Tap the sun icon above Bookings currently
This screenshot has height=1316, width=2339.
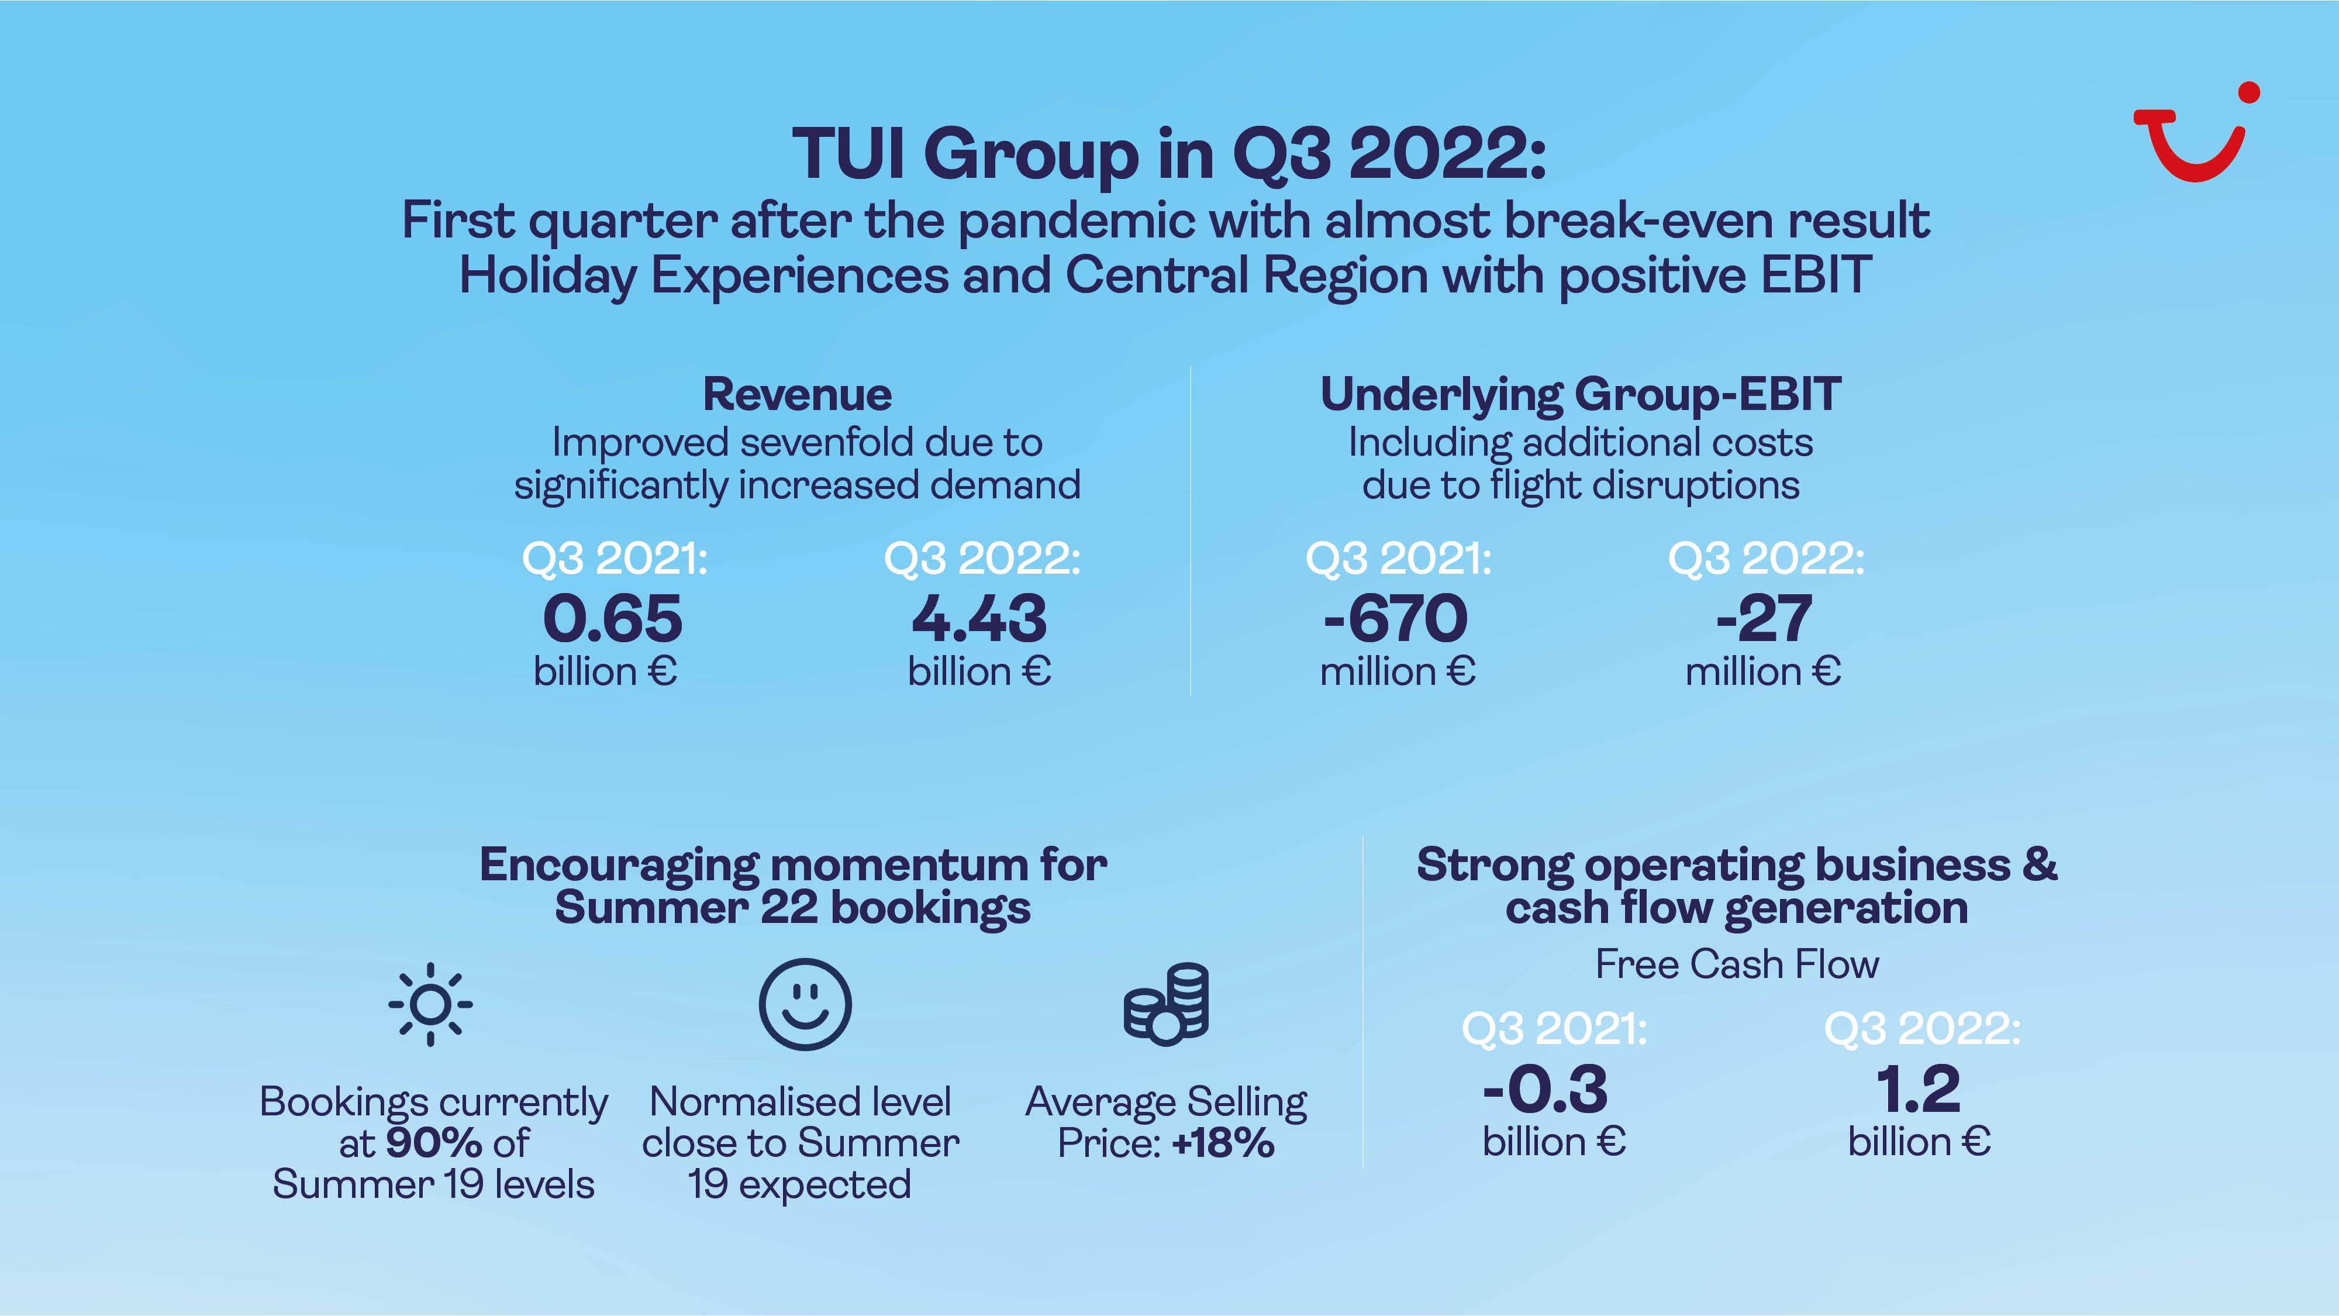430,1004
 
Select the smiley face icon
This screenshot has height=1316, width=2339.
805,1004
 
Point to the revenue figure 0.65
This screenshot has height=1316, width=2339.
613,619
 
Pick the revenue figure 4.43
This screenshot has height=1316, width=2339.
979,619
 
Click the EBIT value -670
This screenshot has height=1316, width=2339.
1396,619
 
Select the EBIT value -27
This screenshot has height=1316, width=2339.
1764,619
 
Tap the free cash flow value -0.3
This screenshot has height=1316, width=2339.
1545,1090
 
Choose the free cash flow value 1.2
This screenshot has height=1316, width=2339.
1919,1090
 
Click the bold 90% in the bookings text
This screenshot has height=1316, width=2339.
433,1142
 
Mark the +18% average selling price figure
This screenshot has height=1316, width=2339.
1223,1142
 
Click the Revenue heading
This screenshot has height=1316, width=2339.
797,394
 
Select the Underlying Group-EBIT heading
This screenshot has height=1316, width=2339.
1581,394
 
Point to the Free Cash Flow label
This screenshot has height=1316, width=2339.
1737,964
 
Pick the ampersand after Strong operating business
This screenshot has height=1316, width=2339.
2040,864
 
